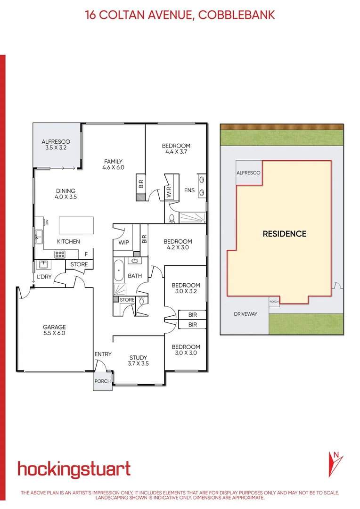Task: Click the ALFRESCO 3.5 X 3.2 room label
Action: pyautogui.click(x=56, y=144)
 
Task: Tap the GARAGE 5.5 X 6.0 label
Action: pyautogui.click(x=54, y=330)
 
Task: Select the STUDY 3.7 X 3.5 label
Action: pyautogui.click(x=138, y=361)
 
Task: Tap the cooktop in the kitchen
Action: pyautogui.click(x=60, y=254)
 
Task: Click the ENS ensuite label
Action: pyautogui.click(x=189, y=190)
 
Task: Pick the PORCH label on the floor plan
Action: pyautogui.click(x=102, y=381)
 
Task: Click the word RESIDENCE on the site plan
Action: pyautogui.click(x=284, y=234)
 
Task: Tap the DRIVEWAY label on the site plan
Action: pyautogui.click(x=245, y=314)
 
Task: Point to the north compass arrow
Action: pyautogui.click(x=335, y=464)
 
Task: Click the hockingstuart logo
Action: pyautogui.click(x=74, y=469)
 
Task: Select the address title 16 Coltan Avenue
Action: pyautogui.click(x=180, y=15)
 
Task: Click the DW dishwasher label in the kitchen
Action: pyautogui.click(x=47, y=222)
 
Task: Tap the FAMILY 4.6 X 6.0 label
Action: pyautogui.click(x=113, y=164)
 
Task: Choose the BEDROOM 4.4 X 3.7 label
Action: pyautogui.click(x=176, y=148)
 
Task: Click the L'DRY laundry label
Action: pyautogui.click(x=44, y=277)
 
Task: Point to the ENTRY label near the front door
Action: pyautogui.click(x=103, y=354)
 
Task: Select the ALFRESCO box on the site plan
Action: pyautogui.click(x=248, y=173)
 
